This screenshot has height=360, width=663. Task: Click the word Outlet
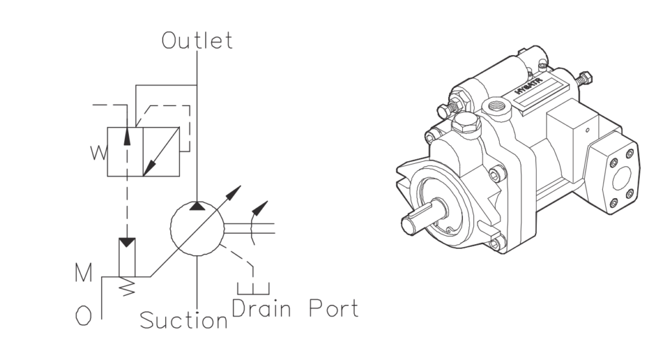point(197,41)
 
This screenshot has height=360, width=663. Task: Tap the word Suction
point(184,320)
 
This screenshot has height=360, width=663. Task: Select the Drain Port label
point(295,308)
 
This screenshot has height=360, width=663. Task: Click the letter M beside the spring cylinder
point(84,273)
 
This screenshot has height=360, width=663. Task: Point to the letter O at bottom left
point(84,315)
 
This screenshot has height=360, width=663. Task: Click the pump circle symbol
point(197,229)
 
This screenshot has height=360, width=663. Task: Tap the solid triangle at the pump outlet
point(197,206)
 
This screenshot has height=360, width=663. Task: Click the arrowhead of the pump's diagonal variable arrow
point(233,192)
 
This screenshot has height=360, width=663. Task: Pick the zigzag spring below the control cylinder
point(127,286)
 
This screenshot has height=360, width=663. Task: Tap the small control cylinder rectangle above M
point(127,257)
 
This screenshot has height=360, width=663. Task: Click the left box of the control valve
point(125,152)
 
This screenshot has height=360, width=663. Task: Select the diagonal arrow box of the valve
point(161,152)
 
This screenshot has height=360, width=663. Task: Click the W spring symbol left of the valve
point(99,153)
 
